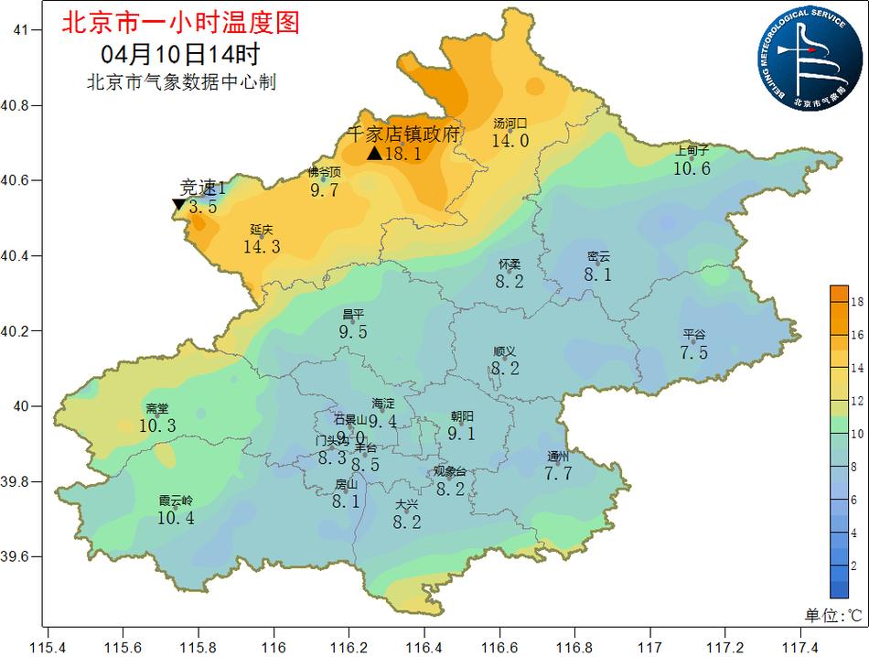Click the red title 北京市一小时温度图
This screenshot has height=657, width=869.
(179, 22)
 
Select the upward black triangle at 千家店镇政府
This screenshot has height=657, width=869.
(373, 154)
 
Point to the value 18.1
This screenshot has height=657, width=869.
(402, 154)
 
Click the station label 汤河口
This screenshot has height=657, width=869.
(510, 124)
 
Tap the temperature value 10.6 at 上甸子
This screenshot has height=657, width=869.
(692, 168)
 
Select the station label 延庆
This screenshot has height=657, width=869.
(262, 230)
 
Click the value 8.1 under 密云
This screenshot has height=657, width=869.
(598, 275)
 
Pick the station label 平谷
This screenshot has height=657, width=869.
(694, 335)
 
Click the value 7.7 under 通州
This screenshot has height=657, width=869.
(558, 473)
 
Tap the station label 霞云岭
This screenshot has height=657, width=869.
(176, 501)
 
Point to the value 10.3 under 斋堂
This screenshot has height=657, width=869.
(157, 425)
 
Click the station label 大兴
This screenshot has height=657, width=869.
(407, 505)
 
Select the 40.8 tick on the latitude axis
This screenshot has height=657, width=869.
(20, 106)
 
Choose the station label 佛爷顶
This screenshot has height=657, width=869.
(325, 172)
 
